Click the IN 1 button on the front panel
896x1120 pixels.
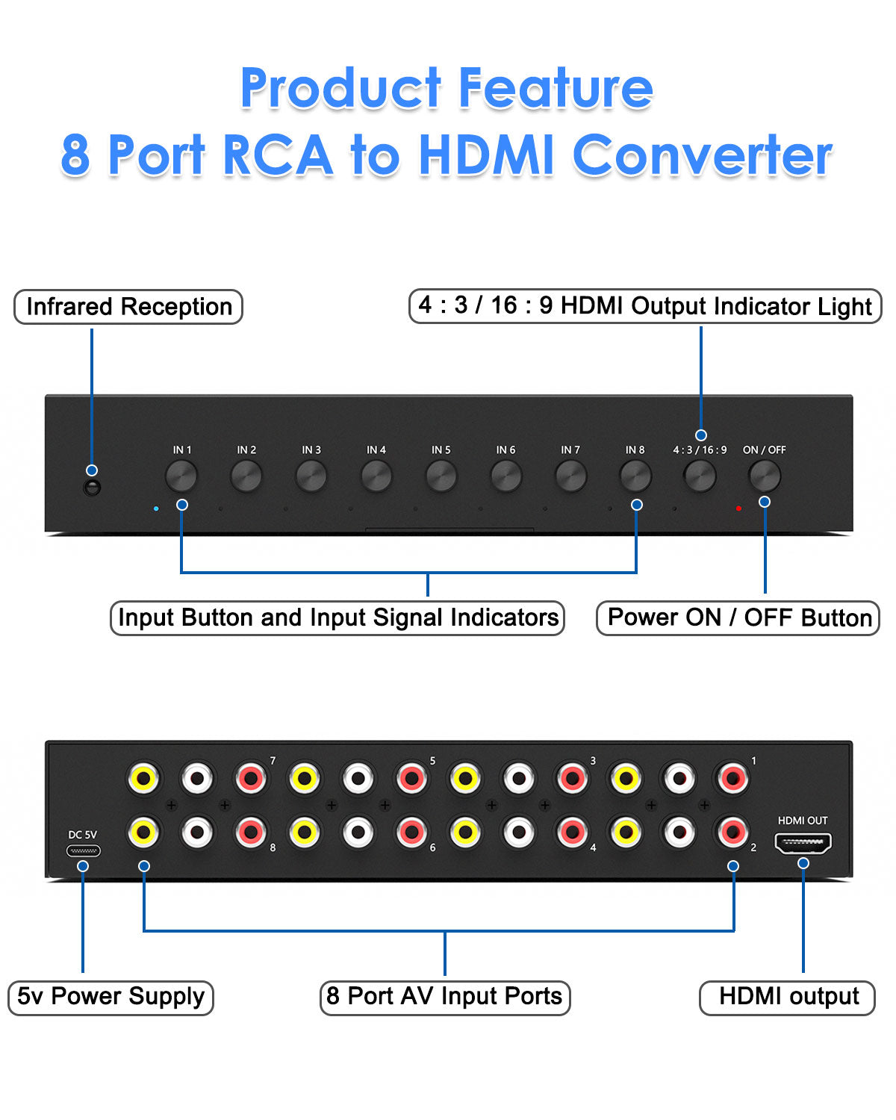click(181, 476)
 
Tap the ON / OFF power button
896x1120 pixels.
click(765, 476)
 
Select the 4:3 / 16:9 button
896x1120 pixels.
click(700, 476)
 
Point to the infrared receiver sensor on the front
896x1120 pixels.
click(92, 488)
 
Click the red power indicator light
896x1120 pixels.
click(738, 508)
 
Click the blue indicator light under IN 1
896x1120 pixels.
click(155, 508)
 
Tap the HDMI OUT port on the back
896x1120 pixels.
click(803, 844)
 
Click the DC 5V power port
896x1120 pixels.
click(83, 850)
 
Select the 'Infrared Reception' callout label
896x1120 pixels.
click(128, 307)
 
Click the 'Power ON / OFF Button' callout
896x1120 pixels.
click(738, 618)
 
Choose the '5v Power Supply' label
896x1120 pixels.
click(111, 997)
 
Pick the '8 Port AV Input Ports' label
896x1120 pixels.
click(445, 997)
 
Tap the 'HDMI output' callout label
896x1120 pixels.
click(788, 997)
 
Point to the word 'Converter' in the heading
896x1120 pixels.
click(702, 155)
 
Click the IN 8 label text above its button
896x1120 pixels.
click(635, 450)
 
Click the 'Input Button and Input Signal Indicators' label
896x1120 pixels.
click(337, 618)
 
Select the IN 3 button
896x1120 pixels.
click(311, 476)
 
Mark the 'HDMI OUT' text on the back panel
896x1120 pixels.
click(803, 821)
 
